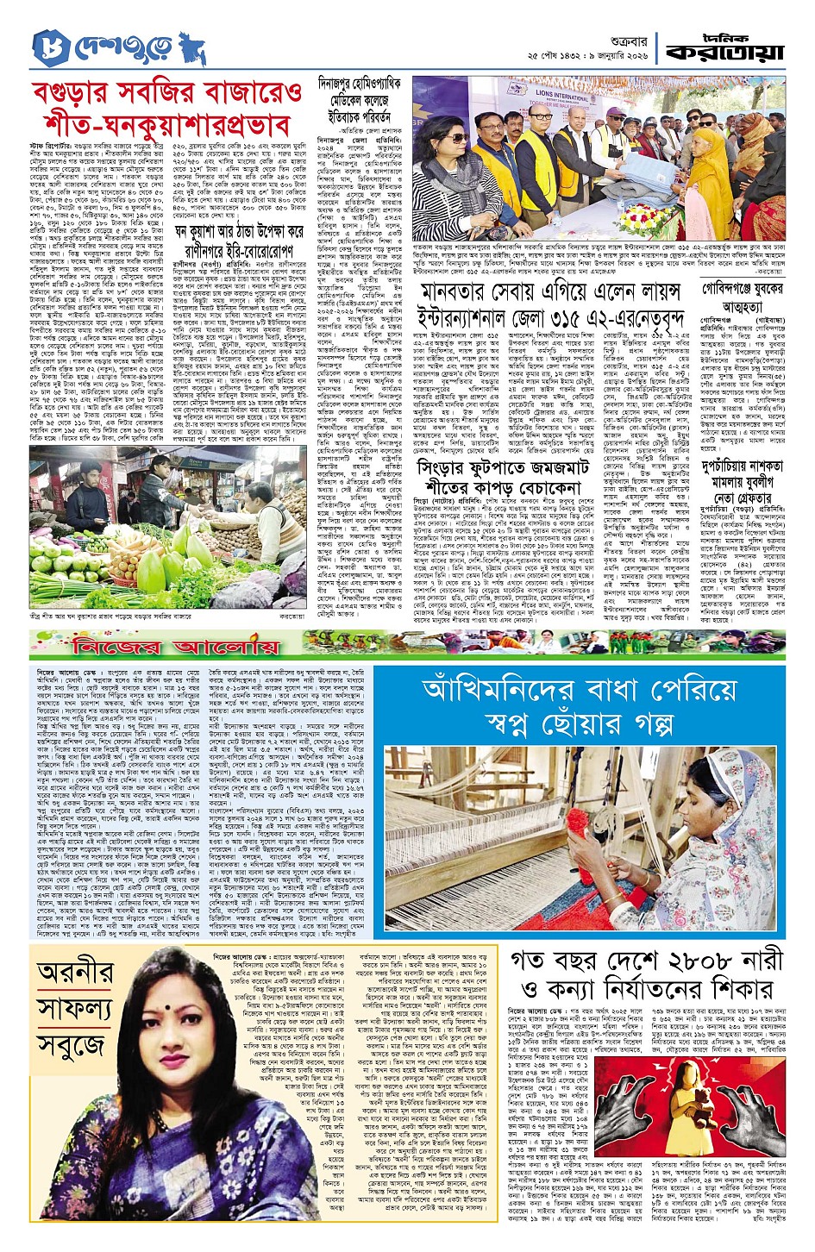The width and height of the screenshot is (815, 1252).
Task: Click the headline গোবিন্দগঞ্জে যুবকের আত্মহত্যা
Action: click(x=743, y=296)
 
